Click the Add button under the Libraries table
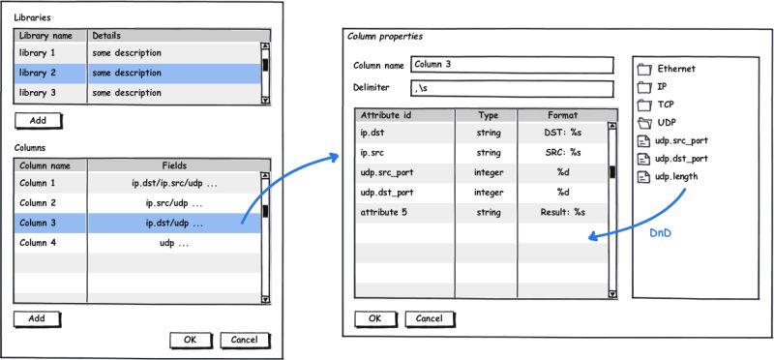click(38, 121)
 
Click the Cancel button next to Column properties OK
click(430, 318)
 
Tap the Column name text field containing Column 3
click(512, 65)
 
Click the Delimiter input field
click(512, 89)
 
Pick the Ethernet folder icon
click(645, 70)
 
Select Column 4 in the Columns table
click(43, 243)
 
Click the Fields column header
click(173, 165)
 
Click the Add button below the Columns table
click(38, 318)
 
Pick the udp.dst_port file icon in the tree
click(645, 159)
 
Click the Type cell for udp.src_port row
click(488, 171)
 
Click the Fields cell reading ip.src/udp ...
click(173, 203)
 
